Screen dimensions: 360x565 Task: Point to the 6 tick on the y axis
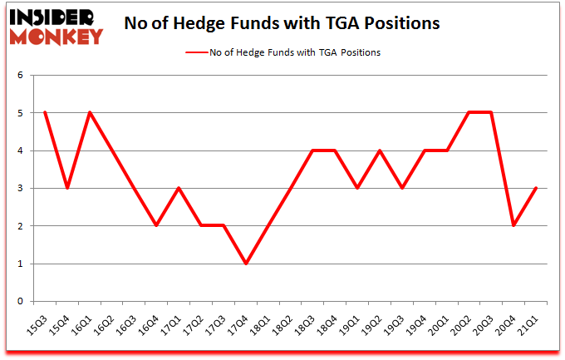22,75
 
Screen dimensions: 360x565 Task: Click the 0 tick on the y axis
22,302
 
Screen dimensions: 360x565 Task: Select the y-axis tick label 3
22,189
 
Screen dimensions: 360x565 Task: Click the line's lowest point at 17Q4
246,264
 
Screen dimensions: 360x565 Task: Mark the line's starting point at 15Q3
44,112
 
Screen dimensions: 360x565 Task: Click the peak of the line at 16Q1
89,112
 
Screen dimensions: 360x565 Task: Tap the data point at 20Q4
514,225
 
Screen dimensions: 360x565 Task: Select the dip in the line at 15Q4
66,188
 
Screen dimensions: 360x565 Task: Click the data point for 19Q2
380,150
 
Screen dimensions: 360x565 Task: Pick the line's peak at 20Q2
469,112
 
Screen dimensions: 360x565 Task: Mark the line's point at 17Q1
179,188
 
